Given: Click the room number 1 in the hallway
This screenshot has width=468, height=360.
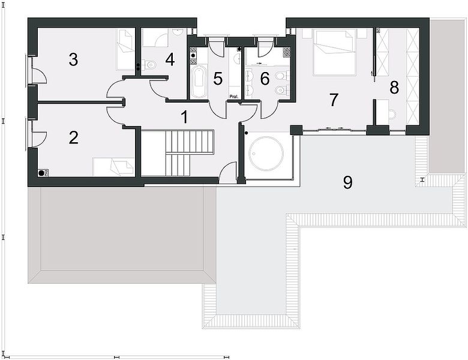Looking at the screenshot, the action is (185, 117).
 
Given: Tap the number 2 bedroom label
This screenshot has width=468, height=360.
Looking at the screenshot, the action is (73, 137).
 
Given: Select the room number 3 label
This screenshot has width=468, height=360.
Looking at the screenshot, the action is (73, 59).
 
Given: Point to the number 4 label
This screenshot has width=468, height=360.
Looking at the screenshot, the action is (170, 59).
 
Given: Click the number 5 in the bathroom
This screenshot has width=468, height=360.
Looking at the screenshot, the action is (218, 79).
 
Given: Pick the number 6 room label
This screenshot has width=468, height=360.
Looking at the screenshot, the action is (265, 79).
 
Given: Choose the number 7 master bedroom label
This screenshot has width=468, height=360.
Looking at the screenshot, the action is (334, 100).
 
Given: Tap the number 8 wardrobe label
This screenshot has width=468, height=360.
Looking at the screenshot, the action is (394, 88).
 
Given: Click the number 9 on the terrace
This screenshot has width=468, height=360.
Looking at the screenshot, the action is (348, 182).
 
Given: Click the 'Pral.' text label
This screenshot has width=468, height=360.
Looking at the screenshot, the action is (234, 97).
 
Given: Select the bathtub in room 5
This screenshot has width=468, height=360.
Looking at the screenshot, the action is (197, 82).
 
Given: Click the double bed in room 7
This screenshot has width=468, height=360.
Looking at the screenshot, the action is (334, 53).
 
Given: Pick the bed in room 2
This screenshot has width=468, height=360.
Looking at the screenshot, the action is (113, 167).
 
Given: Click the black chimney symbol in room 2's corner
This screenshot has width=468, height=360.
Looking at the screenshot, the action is (43, 173).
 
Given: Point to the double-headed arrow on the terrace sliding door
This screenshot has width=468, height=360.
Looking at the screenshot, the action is (334, 128).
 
